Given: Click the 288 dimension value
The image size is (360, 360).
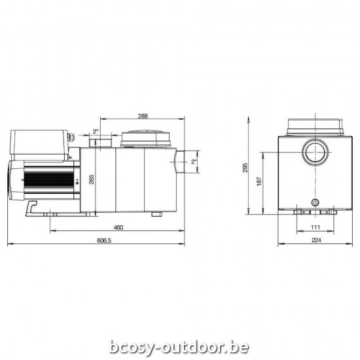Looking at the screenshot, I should click(x=143, y=117).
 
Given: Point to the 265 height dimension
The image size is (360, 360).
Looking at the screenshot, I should click(x=93, y=178).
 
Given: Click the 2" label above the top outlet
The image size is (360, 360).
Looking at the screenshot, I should click(x=96, y=132).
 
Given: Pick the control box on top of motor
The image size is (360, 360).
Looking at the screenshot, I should click(x=39, y=146).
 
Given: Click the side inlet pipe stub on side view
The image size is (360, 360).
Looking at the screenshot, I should click(x=186, y=160).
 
